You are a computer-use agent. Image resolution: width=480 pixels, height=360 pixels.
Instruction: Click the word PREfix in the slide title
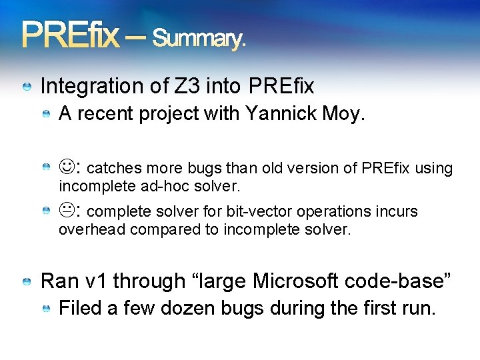tap(71, 35)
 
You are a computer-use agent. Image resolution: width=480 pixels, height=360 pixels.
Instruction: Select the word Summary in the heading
tap(197, 39)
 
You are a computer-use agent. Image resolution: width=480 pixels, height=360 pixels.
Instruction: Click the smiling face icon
tap(67, 167)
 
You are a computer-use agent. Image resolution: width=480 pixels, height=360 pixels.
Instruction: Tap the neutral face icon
tap(67, 211)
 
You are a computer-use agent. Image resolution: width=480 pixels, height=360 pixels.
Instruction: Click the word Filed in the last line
tap(79, 309)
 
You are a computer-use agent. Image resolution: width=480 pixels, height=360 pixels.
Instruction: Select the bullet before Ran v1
tap(27, 282)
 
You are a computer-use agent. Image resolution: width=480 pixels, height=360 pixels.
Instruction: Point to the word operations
tap(337, 211)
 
